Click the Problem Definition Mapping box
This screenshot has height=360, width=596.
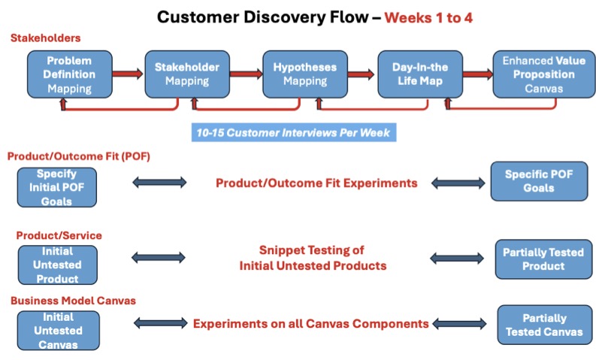point(70,74)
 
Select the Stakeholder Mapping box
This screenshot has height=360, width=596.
point(187,74)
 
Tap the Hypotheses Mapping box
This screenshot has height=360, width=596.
point(305,74)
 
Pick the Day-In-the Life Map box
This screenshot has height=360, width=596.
point(420,74)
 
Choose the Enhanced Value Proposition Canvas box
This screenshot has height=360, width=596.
point(544,74)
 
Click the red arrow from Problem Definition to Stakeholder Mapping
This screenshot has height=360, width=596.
point(128,74)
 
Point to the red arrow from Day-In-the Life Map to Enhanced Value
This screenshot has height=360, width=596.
point(478,74)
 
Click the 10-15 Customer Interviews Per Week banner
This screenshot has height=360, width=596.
point(294,132)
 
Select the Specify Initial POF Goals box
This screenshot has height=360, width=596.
point(56,187)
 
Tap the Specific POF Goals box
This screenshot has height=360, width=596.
point(539,181)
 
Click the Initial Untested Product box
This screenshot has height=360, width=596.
point(57,265)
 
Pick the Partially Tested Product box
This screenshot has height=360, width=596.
point(543,259)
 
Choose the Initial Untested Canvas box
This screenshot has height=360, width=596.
point(58,331)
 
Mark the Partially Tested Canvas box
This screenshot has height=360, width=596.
point(544,325)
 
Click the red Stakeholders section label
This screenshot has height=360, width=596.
point(46,38)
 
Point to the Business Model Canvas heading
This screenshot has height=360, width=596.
point(73,301)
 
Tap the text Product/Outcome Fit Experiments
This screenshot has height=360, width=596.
point(316,183)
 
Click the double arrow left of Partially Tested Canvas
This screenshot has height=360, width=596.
point(459,324)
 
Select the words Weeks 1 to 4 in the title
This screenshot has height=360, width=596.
point(428,18)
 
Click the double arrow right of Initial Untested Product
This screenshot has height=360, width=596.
point(159,258)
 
